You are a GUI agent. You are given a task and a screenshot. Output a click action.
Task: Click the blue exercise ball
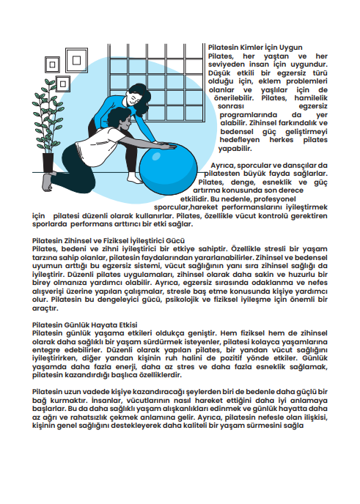pyautogui.click(x=168, y=168)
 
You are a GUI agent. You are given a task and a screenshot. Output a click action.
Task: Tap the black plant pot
pyautogui.click(x=48, y=163)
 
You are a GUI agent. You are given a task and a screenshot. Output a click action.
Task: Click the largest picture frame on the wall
pyautogui.click(x=76, y=60)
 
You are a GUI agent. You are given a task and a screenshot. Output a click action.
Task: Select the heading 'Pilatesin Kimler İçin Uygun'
pyautogui.click(x=255, y=48)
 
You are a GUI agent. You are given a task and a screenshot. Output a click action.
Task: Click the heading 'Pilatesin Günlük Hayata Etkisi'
pyautogui.click(x=84, y=325)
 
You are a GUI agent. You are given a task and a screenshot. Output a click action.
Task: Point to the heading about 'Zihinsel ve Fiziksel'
pyautogui.click(x=109, y=241)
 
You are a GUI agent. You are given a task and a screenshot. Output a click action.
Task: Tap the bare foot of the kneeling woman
pyautogui.click(x=47, y=182)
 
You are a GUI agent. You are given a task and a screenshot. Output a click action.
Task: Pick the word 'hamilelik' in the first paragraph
pyautogui.click(x=311, y=98)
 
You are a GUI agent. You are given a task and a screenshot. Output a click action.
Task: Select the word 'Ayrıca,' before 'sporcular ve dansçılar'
pyautogui.click(x=223, y=166)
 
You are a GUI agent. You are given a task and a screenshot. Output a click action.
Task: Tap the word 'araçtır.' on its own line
pyautogui.click(x=45, y=308)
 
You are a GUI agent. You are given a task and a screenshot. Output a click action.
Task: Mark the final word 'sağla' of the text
pyautogui.click(x=293, y=426)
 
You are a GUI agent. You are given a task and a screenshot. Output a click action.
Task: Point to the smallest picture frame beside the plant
pyautogui.click(x=63, y=84)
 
